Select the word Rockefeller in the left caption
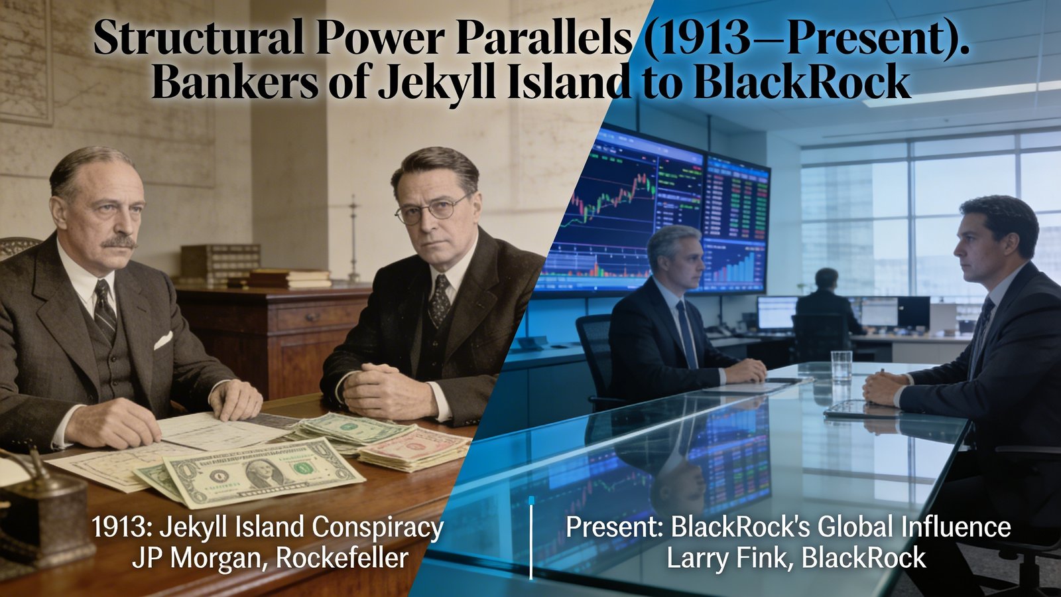point(342,558)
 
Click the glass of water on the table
point(842,365)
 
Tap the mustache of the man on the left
point(119,242)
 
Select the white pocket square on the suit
point(163,340)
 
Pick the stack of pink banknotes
point(414,448)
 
